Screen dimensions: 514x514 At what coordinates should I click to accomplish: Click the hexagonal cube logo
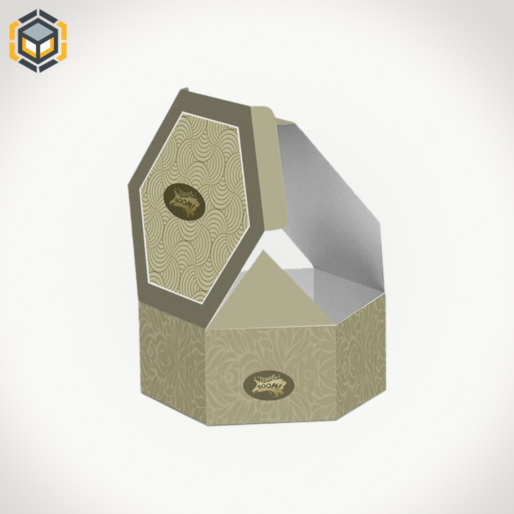pyautogui.click(x=38, y=41)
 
